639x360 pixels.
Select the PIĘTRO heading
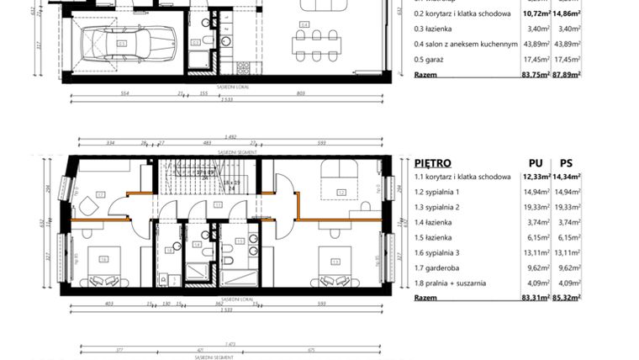[x=433, y=162]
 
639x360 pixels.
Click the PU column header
[x=534, y=162]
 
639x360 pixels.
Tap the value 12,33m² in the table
[x=535, y=177]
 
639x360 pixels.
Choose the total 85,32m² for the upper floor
[x=568, y=297]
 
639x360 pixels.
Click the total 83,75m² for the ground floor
[x=535, y=74]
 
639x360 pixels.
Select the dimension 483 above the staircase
[x=208, y=143]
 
